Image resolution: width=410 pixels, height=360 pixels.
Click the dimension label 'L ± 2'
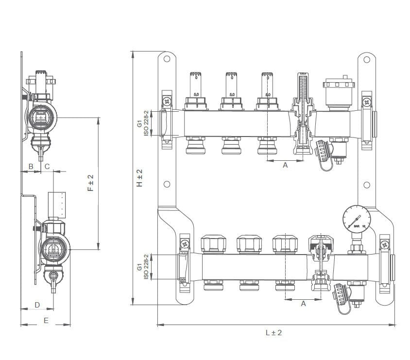point(273,333)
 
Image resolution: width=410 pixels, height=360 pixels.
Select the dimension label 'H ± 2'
point(139,179)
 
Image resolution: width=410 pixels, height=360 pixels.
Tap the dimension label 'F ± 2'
point(90,183)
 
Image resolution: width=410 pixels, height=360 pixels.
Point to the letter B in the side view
point(31,166)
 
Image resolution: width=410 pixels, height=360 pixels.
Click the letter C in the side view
point(47,166)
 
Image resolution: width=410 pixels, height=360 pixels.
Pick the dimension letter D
point(37,305)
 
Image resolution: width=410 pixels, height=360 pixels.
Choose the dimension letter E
point(46,320)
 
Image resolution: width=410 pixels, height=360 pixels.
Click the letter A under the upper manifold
point(285,165)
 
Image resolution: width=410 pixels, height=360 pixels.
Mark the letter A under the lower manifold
point(304,303)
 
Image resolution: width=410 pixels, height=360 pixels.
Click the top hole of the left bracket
point(166,59)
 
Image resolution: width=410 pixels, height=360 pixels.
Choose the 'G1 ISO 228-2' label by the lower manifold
point(142,267)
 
